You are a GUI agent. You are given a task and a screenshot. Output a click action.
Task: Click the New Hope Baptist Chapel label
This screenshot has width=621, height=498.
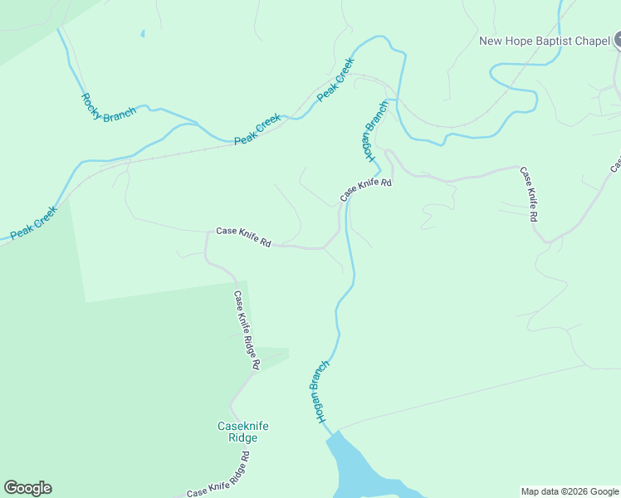[x=545, y=41]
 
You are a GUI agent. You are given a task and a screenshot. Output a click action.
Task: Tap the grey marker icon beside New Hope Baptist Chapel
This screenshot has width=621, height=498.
[x=619, y=40]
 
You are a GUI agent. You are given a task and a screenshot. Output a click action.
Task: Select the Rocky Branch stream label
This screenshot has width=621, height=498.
[x=108, y=107]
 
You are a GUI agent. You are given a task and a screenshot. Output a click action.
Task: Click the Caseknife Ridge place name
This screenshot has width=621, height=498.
[x=243, y=432]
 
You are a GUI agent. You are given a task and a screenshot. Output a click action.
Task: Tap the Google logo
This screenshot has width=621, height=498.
[x=27, y=488]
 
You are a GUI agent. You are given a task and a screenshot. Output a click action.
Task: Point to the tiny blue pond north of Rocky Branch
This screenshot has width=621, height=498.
[x=142, y=34]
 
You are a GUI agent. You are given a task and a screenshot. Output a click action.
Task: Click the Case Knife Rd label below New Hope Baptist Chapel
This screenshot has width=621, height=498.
[x=529, y=194]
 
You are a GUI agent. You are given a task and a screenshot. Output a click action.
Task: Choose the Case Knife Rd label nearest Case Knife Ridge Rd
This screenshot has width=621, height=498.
[x=243, y=237]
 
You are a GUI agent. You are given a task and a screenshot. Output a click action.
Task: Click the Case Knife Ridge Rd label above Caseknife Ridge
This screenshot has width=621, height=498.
[x=247, y=330]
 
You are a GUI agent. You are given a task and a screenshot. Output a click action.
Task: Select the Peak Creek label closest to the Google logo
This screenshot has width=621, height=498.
[x=33, y=223]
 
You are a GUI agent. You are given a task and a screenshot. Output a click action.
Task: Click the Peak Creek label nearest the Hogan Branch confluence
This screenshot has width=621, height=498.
[x=336, y=79]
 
